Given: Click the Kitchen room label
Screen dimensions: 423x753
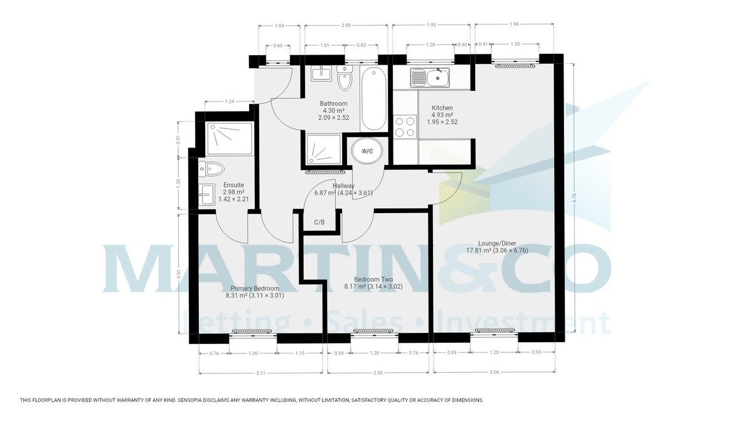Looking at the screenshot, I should tap(442, 108).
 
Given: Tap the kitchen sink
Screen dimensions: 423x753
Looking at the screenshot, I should tap(430, 78).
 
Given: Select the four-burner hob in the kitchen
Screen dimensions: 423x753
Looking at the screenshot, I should tap(405, 127).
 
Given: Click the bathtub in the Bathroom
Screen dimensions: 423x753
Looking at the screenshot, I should tap(374, 98).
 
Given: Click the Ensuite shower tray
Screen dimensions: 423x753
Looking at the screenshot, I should tap(230, 138).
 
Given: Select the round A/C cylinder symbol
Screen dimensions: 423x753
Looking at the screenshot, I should tap(366, 151).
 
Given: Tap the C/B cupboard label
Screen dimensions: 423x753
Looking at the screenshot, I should tap(319, 222).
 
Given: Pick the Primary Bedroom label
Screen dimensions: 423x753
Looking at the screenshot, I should tap(254, 288).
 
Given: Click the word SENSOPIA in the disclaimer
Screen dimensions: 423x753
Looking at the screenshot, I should tap(196, 400).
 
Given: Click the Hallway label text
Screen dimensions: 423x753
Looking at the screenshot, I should tap(344, 186).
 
